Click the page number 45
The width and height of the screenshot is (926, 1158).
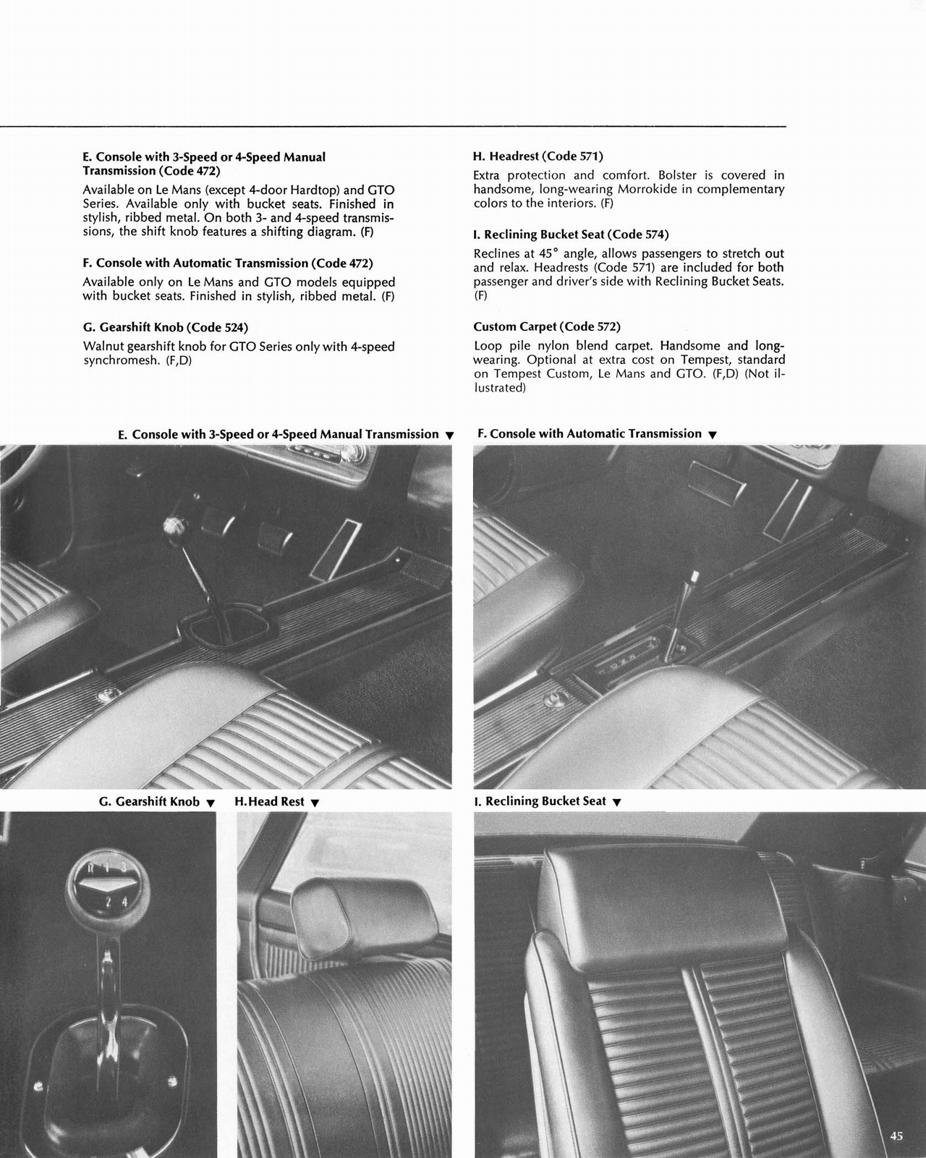click(896, 1136)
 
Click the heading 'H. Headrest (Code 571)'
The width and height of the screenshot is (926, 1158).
click(538, 156)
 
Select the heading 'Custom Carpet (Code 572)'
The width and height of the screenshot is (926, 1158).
click(547, 327)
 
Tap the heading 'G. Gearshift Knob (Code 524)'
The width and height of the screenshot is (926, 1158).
click(171, 327)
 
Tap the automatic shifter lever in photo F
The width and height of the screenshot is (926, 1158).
click(683, 608)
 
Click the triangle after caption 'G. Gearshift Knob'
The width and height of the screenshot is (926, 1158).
click(211, 803)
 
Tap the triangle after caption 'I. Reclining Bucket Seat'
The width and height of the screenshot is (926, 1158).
click(616, 802)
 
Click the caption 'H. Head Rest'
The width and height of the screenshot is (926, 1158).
click(269, 802)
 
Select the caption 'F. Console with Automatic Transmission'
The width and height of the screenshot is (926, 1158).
click(590, 434)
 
